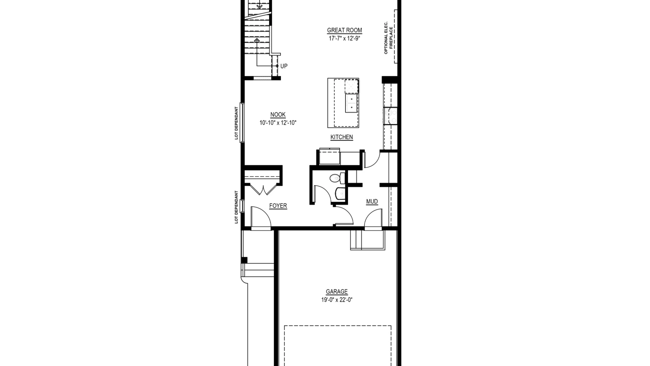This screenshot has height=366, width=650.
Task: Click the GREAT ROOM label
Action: [344, 30]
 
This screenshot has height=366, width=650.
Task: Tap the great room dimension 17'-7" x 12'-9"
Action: [344, 39]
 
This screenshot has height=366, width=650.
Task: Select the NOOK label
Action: [278, 115]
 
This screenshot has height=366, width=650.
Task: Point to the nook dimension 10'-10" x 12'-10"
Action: [278, 123]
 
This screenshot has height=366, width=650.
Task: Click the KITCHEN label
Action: [342, 137]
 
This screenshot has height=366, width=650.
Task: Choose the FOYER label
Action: [278, 206]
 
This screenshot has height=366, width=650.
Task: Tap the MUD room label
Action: [372, 202]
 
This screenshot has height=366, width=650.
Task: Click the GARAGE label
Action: [337, 292]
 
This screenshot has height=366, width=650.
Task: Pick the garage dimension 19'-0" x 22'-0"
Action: [337, 300]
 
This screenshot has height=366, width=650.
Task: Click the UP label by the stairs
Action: [284, 66]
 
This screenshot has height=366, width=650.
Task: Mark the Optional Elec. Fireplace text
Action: [388, 37]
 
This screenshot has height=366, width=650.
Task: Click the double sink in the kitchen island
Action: [351, 103]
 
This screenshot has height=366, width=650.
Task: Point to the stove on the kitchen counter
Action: [391, 116]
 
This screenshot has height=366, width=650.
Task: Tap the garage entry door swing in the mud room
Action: [373, 219]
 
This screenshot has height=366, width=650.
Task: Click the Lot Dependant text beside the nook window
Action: [236, 123]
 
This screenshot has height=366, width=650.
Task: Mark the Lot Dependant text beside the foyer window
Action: [236, 207]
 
